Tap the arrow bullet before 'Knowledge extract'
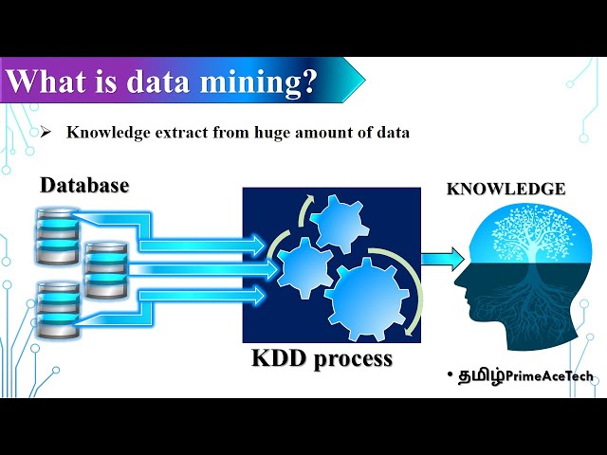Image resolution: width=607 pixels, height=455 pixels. tap(45, 133)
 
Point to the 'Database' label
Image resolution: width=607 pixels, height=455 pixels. tap(84, 186)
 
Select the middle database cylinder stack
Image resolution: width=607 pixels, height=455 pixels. tap(104, 269)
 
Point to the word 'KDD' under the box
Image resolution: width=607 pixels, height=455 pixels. tap(283, 360)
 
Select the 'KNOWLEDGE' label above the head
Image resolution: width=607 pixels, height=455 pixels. tap(506, 189)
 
